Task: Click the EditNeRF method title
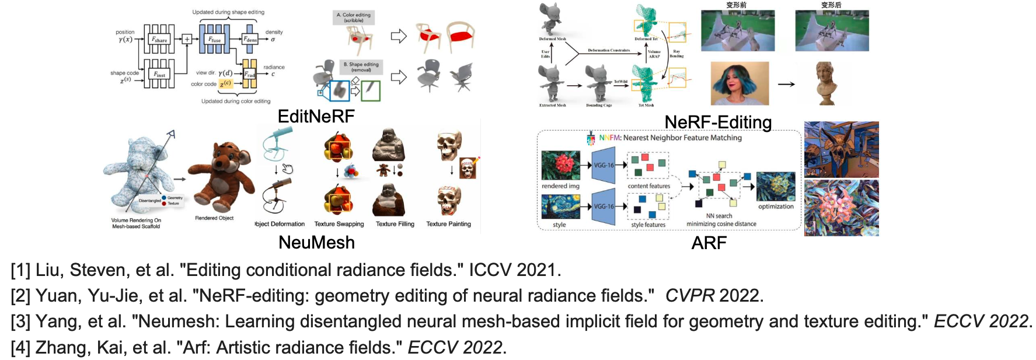(x=316, y=116)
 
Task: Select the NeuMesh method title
(x=316, y=242)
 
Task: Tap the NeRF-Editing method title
(x=718, y=122)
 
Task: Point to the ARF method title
(x=709, y=243)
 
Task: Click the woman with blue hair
(x=739, y=83)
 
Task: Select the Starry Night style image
(x=560, y=207)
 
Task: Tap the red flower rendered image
(x=560, y=165)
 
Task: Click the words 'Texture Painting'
(x=448, y=224)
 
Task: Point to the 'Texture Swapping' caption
(x=339, y=224)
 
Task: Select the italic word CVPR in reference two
(x=689, y=296)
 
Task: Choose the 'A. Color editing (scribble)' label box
(x=354, y=18)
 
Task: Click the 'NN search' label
(x=719, y=216)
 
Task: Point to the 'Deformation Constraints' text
(x=609, y=51)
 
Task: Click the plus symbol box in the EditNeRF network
(x=187, y=39)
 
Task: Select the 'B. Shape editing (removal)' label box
(x=361, y=67)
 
